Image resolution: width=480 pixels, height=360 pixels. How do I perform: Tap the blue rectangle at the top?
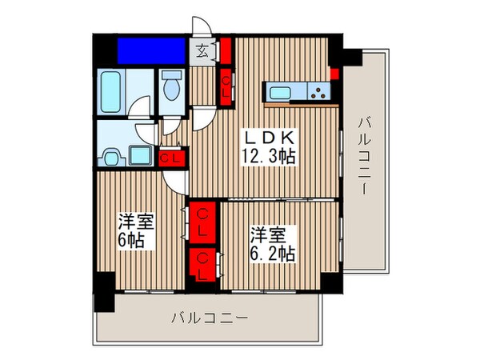tap(153, 50)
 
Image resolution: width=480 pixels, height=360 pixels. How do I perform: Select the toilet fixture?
tap(170, 86)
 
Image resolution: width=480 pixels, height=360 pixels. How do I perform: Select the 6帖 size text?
tap(132, 240)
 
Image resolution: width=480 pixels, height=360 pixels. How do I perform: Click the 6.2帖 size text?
tap(271, 254)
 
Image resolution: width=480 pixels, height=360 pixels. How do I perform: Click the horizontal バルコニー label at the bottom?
tap(209, 318)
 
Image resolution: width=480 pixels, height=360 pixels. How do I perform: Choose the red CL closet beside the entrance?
tap(227, 79)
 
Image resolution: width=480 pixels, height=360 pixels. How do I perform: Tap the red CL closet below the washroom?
tap(170, 158)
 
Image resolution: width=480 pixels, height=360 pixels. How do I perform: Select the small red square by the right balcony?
tap(334, 74)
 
